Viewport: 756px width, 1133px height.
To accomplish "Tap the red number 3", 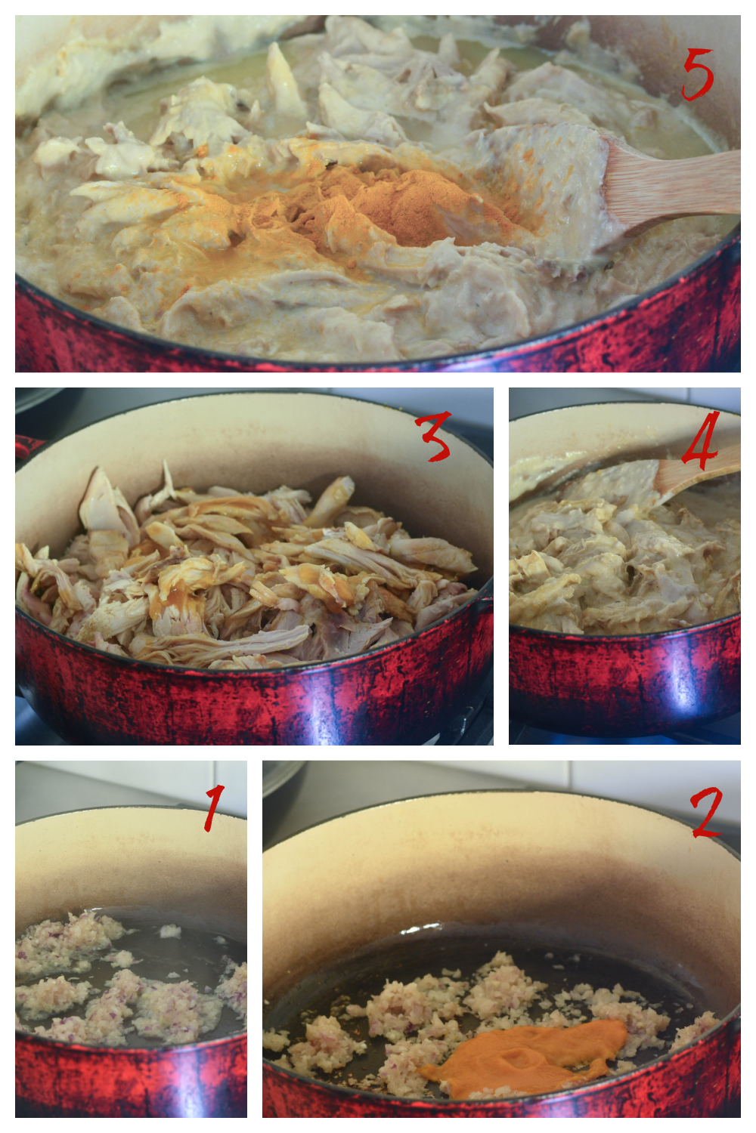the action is tap(433, 436).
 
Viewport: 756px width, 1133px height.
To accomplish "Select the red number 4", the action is tap(701, 437).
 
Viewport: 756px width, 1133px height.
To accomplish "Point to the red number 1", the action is tap(213, 808).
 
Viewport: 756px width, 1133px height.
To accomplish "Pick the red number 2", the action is tap(706, 812).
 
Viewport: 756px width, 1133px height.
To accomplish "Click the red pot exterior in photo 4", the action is tap(625, 678).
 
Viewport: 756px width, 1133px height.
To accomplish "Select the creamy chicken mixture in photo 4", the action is tap(623, 561).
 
